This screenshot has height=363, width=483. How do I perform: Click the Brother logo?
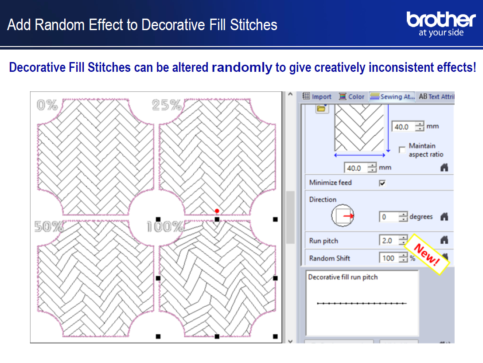click(441, 24)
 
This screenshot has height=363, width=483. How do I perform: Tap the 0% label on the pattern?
click(47, 105)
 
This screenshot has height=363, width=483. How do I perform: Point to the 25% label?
click(167, 105)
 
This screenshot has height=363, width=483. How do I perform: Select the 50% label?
click(49, 226)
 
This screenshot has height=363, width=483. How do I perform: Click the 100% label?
click(165, 226)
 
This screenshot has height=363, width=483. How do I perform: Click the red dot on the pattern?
click(217, 211)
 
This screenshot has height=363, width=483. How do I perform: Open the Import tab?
click(317, 97)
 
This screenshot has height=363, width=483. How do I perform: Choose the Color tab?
click(351, 97)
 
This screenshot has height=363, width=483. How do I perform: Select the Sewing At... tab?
click(392, 97)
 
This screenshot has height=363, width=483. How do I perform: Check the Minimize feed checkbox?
click(382, 183)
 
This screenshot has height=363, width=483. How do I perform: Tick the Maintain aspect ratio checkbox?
click(402, 150)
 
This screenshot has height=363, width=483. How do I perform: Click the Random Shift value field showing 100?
click(389, 258)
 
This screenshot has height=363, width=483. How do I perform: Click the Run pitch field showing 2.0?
click(389, 240)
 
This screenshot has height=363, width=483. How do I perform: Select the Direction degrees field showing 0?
click(390, 217)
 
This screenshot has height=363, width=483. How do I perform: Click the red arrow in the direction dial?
click(348, 216)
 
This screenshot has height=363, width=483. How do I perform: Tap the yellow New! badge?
click(427, 254)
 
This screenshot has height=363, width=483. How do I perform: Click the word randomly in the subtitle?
click(242, 67)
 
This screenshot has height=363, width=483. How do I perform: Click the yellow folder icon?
click(321, 108)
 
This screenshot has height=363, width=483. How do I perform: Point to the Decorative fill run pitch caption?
click(343, 277)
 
